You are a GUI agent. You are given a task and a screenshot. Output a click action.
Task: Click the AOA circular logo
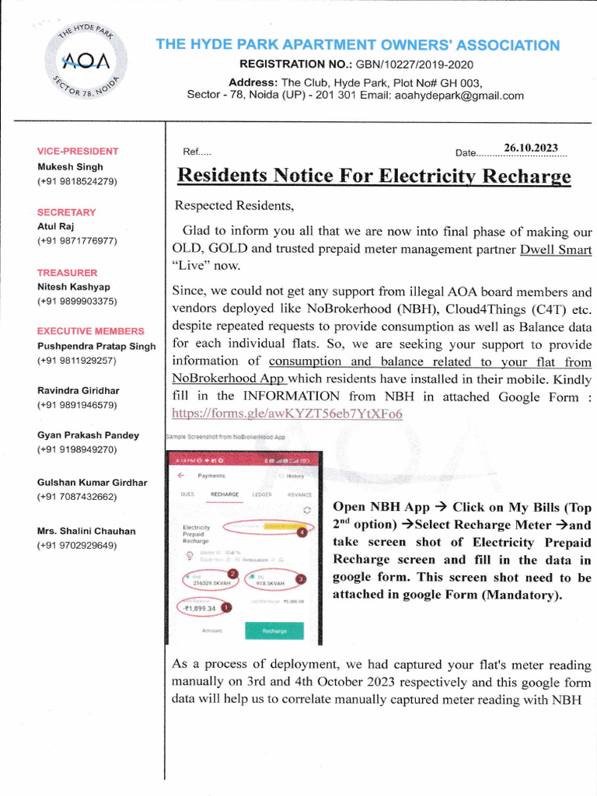pos(87,60)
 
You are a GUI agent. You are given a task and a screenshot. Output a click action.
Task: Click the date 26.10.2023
pos(531,148)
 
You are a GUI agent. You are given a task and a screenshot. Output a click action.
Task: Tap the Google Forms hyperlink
pos(287,414)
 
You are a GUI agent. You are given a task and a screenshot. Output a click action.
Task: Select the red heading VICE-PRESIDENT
pos(78,152)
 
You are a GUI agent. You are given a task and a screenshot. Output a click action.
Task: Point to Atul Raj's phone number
pos(77,242)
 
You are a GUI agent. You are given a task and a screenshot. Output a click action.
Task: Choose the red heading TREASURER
pos(68,273)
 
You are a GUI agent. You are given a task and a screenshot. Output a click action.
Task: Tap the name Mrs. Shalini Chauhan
pos(86,531)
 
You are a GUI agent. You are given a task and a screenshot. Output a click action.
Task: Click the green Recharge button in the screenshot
pos(274,631)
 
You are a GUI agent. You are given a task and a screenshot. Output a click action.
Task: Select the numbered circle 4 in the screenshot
pos(302,532)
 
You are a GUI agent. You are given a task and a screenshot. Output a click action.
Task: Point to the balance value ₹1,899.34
pos(200,609)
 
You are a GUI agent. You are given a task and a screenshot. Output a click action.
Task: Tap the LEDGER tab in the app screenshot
pos(262,494)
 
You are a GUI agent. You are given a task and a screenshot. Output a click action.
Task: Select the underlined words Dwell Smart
pos(555,250)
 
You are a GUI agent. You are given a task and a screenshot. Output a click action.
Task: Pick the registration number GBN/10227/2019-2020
pos(414,65)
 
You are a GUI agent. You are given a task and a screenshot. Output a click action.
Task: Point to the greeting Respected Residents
pos(234,206)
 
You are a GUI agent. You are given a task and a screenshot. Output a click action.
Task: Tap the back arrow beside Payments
pos(180,475)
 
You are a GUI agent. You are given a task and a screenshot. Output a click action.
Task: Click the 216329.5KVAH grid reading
pos(211,581)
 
